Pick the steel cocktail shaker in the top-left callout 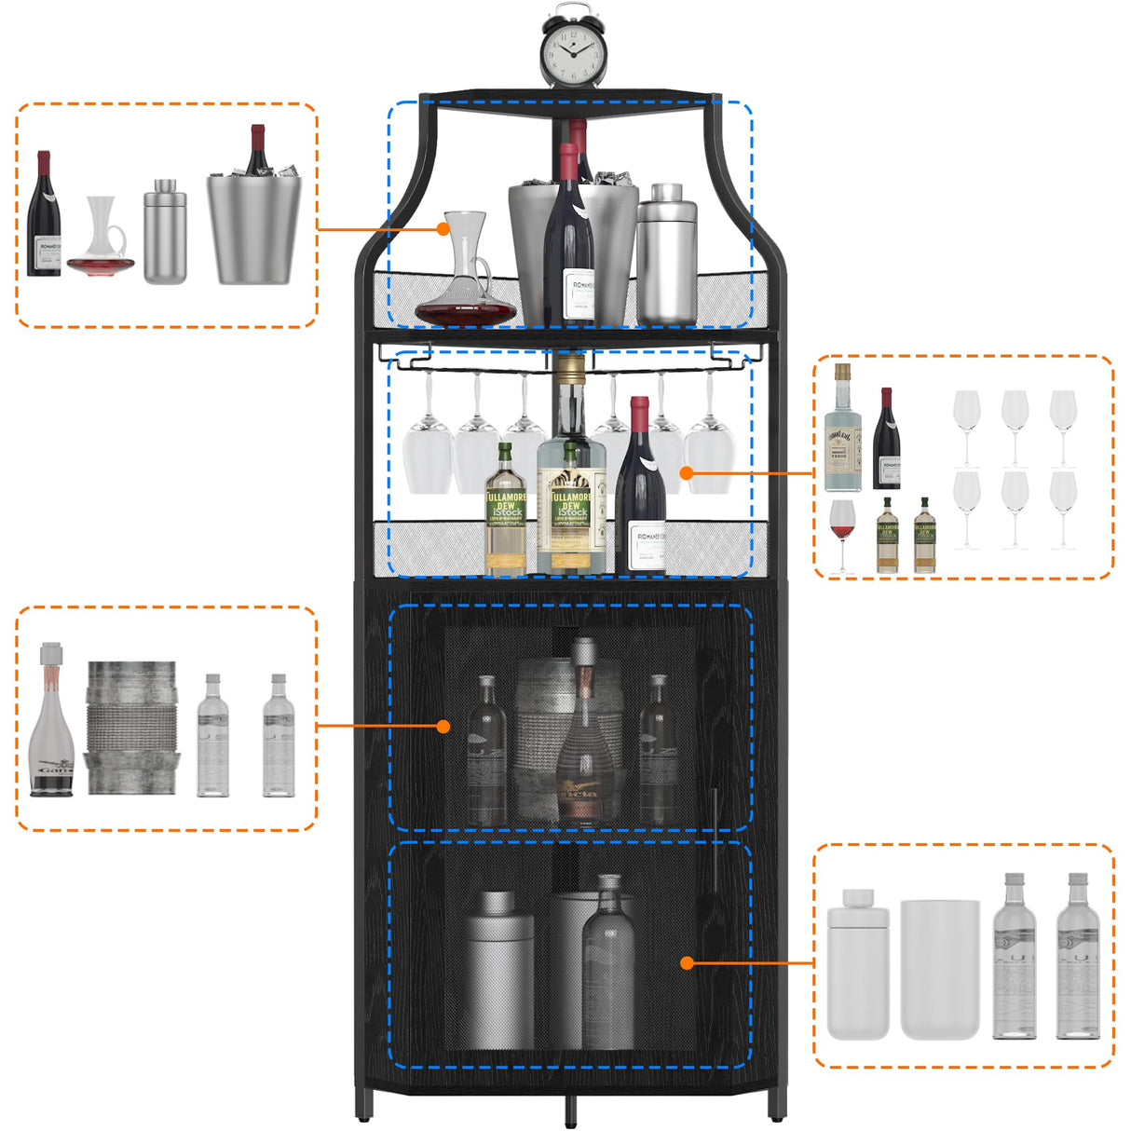tap(165, 233)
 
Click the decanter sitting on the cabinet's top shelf tap(466, 275)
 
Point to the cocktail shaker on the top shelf tap(667, 256)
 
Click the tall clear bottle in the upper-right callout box tap(842, 430)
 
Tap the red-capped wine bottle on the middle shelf tap(640, 489)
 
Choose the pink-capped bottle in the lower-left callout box tap(52, 723)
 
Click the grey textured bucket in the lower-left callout tap(131, 728)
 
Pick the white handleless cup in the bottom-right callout tap(939, 969)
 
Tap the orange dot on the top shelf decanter tap(444, 228)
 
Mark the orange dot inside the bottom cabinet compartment tap(687, 962)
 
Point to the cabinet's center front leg tap(569, 1111)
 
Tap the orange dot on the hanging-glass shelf tap(686, 473)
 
